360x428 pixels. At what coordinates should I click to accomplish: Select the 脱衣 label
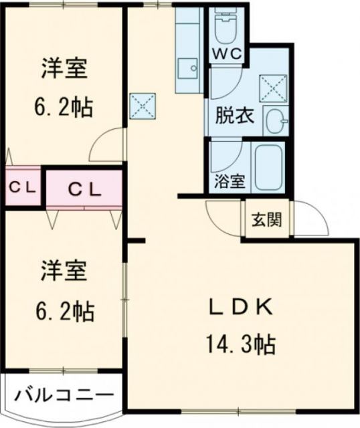click(x=234, y=116)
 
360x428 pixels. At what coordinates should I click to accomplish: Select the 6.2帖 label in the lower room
click(x=65, y=311)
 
